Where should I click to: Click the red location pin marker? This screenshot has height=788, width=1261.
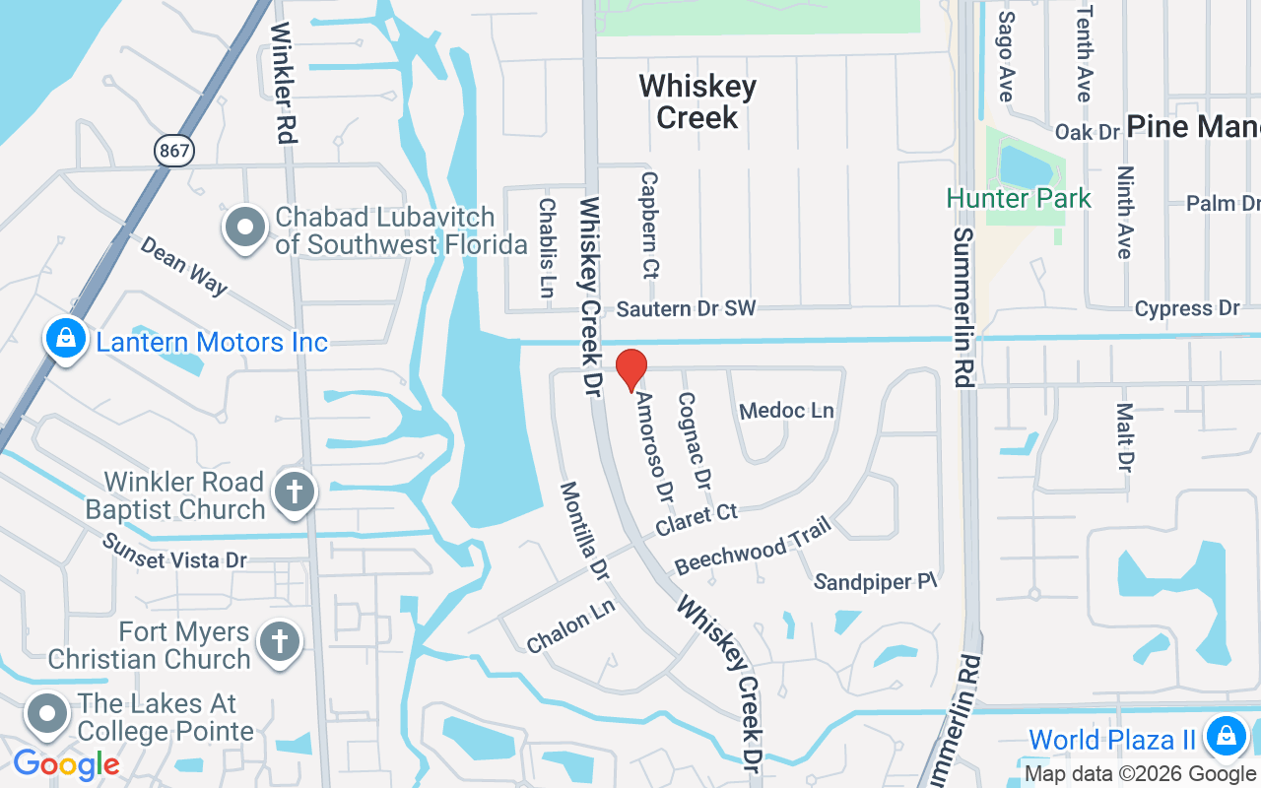[x=631, y=370]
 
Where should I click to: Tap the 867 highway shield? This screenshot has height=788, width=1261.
[x=174, y=150]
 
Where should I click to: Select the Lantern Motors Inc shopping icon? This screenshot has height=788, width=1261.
[x=65, y=340]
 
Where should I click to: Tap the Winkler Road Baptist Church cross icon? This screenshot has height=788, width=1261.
[x=294, y=491]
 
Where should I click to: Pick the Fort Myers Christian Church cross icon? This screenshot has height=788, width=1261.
[x=279, y=642]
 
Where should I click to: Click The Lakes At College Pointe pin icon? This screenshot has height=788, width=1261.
[x=46, y=715]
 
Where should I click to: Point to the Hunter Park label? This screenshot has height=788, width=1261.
[x=1019, y=198]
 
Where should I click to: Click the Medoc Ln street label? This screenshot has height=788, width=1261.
[x=786, y=410]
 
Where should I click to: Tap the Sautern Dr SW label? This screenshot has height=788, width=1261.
[x=686, y=308]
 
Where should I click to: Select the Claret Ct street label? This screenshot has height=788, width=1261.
[x=697, y=519]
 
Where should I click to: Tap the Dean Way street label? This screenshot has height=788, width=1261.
[x=184, y=264]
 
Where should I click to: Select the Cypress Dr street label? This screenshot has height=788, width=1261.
[x=1186, y=308]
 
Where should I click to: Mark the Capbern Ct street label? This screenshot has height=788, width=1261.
[x=649, y=225]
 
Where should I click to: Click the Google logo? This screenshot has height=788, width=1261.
[x=66, y=763]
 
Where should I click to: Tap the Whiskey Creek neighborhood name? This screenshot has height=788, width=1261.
[x=697, y=101]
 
